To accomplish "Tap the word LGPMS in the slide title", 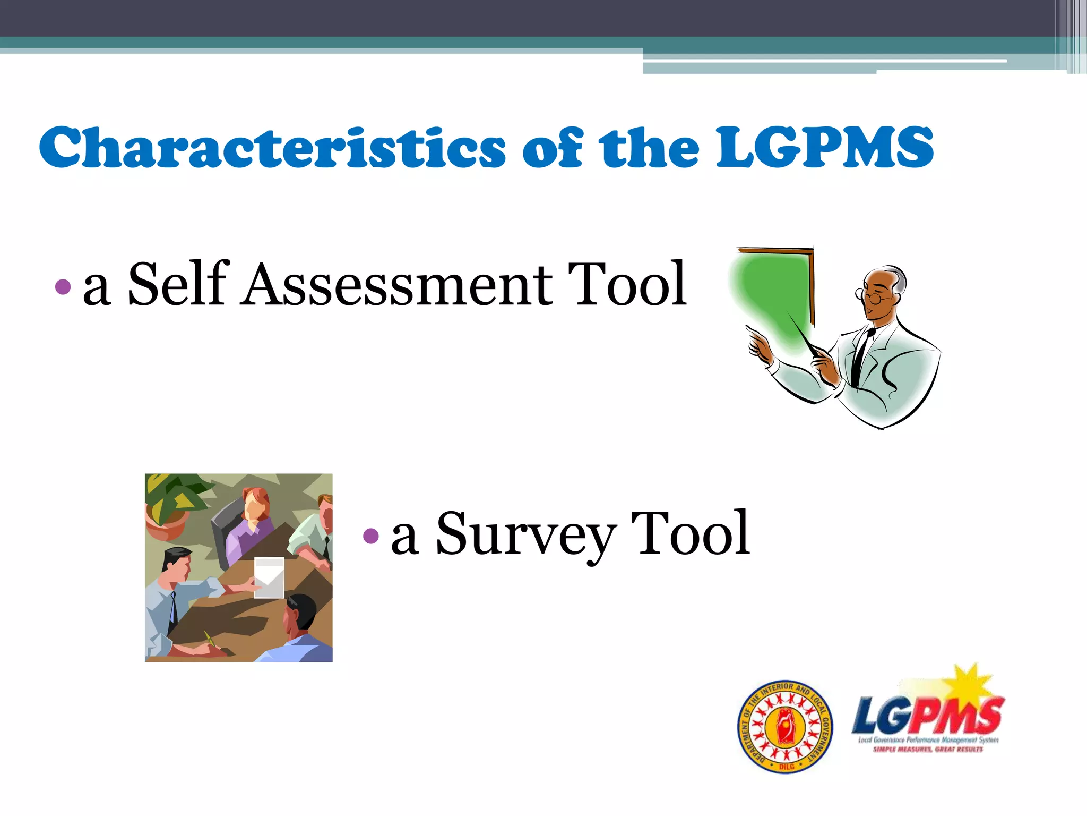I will [825, 147].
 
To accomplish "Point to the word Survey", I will [526, 534].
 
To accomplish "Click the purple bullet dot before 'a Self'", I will [63, 287].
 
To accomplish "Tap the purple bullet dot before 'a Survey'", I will [370, 535].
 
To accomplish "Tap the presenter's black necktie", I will [860, 356].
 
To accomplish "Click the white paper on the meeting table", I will [269, 577].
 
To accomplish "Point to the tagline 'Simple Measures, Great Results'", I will [928, 750].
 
